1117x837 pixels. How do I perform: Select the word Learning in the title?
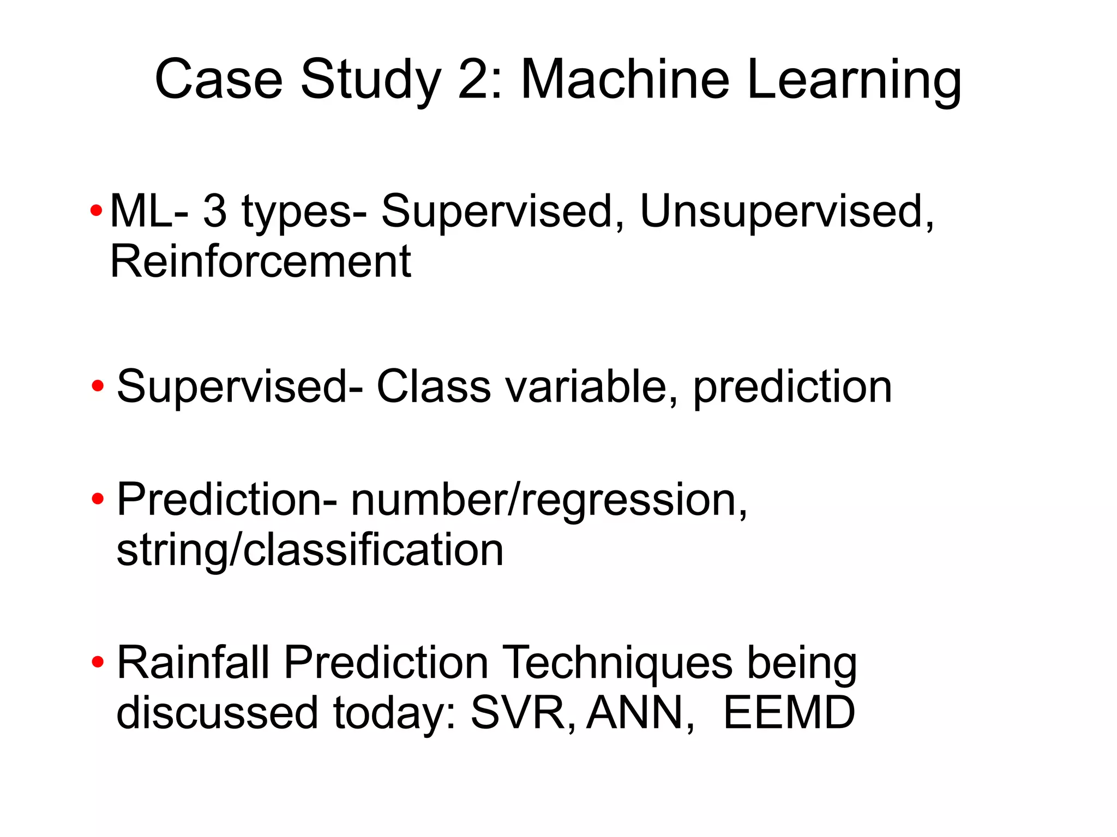853,82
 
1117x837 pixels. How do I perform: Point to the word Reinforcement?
260,262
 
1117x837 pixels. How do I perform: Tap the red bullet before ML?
96,211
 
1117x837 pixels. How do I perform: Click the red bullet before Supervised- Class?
98,386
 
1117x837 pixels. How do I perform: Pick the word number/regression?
549,500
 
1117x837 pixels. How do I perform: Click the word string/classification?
310,550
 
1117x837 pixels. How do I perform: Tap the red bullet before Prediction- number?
98,499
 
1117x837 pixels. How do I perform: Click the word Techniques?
617,663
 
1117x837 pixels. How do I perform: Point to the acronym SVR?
521,713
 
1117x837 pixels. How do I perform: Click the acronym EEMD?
789,713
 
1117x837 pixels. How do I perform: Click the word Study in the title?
370,82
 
